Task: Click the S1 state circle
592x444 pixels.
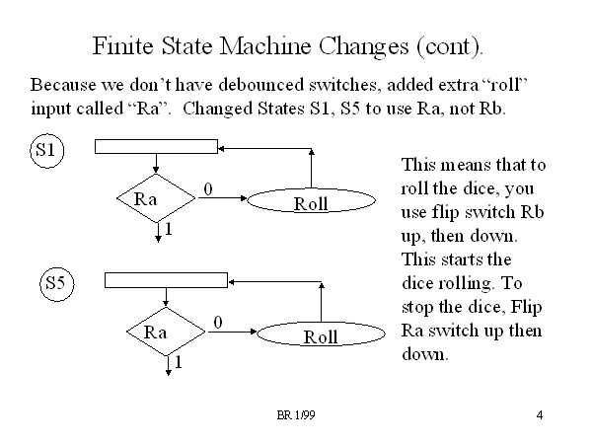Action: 44,151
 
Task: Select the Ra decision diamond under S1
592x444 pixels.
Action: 155,198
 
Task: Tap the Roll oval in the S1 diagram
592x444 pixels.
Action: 311,203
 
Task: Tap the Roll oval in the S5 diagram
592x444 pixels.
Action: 321,336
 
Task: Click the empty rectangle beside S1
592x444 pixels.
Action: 156,146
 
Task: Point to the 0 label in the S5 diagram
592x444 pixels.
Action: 218,322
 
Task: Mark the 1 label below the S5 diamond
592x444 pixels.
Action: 179,363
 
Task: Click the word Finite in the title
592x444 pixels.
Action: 120,46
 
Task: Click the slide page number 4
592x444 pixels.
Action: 541,414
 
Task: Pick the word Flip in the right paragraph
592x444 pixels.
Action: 524,307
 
